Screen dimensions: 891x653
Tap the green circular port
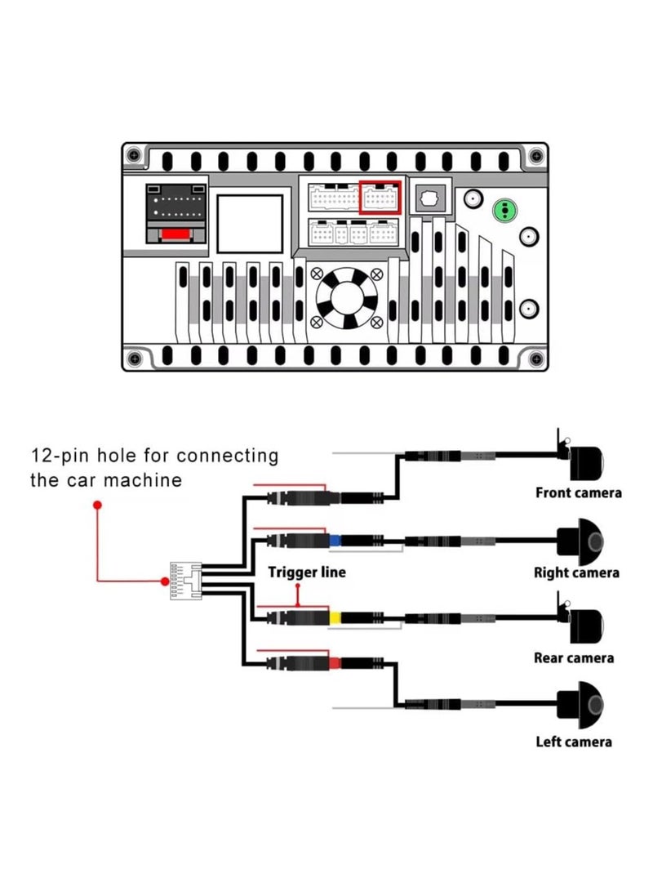click(507, 210)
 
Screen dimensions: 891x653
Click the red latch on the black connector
click(175, 235)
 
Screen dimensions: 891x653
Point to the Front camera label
click(578, 492)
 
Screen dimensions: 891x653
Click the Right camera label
click(576, 572)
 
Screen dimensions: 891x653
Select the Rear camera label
click(574, 657)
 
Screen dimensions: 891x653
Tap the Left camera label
click(574, 742)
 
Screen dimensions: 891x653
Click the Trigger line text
click(307, 572)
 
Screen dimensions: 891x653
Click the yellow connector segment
click(335, 618)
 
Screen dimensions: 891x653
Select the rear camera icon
click(586, 623)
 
